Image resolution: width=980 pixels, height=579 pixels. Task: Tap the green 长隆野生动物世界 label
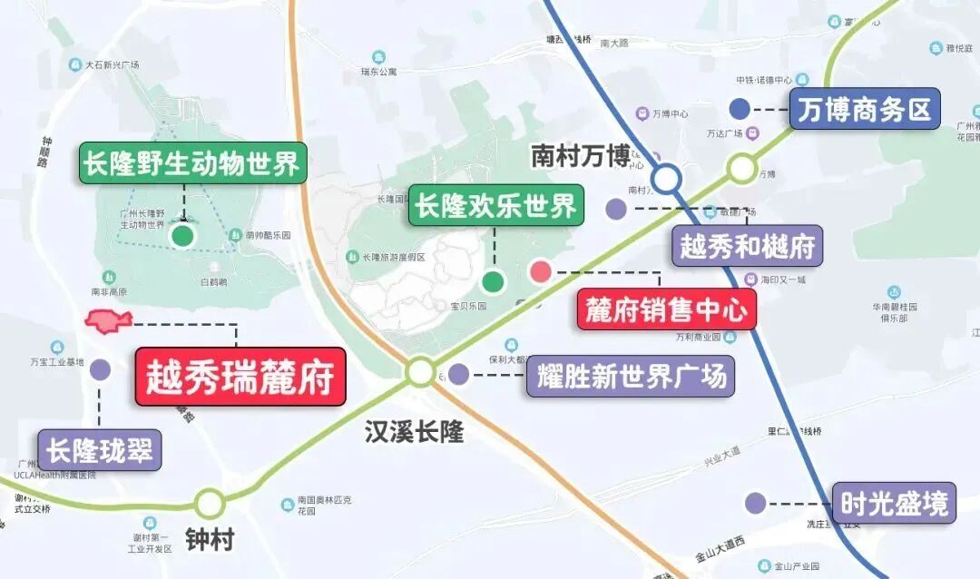coord(191,163)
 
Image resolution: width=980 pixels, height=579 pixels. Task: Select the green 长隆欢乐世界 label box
coord(495,205)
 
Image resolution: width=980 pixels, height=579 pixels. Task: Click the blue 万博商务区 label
coord(864,110)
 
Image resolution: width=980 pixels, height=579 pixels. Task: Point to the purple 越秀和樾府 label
coord(748,246)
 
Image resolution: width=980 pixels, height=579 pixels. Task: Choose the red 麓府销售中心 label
coord(666,310)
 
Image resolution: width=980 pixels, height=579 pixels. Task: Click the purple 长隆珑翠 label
coord(100,449)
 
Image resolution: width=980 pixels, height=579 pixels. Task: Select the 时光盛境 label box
coord(894,503)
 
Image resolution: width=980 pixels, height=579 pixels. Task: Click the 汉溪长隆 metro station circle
coord(420,371)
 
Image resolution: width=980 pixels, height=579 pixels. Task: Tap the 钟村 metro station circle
coord(209,503)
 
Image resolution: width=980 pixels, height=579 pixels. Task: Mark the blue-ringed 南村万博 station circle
coord(667,178)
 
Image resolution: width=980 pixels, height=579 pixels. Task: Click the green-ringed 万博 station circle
coord(741,167)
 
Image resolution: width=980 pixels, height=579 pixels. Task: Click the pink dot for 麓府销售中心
coord(541,270)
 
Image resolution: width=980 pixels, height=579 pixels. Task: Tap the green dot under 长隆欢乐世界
coord(493,281)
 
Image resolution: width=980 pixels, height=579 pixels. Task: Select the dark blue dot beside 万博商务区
coord(740,110)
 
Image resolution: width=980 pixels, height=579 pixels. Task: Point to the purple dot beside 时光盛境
coord(755,503)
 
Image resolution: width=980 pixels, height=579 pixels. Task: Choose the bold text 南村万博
coord(580,156)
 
